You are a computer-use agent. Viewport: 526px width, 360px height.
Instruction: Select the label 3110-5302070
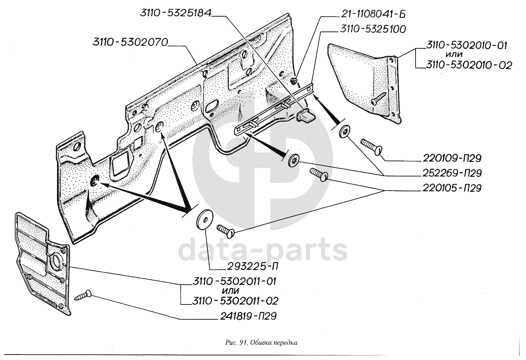pyautogui.click(x=130, y=42)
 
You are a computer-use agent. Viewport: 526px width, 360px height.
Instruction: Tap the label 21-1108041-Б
pyautogui.click(x=373, y=14)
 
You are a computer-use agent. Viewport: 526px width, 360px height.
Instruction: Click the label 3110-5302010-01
pyautogui.click(x=467, y=45)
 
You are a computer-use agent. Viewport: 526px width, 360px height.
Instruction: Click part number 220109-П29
pyautogui.click(x=452, y=158)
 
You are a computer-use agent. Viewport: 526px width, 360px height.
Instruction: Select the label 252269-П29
pyautogui.click(x=452, y=173)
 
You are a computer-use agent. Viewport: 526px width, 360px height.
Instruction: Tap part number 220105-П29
pyautogui.click(x=452, y=188)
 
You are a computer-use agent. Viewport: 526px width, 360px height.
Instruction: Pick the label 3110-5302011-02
pyautogui.click(x=235, y=301)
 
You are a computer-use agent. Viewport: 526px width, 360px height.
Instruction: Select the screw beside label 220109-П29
pyautogui.click(x=371, y=146)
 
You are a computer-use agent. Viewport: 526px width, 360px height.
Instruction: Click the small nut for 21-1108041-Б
pyautogui.click(x=294, y=82)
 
